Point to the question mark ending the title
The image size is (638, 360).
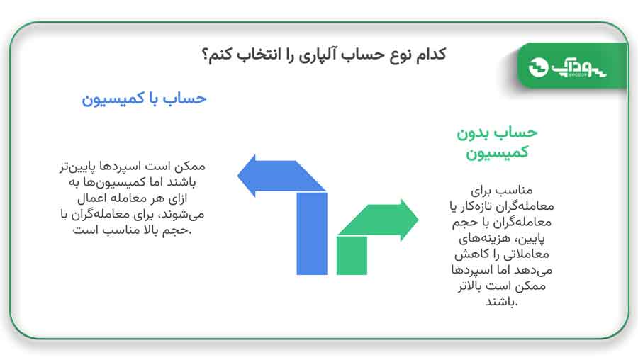[x=206, y=55]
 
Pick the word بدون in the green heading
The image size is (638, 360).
[x=473, y=133]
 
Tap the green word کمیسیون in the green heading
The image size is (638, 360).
[x=497, y=153]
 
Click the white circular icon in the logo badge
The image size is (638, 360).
[x=538, y=67]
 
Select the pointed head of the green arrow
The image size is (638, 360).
[x=409, y=220]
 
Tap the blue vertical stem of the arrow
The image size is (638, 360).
[x=312, y=233]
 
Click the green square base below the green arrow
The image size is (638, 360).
[x=352, y=255]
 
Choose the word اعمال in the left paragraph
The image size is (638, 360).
[x=91, y=198]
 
